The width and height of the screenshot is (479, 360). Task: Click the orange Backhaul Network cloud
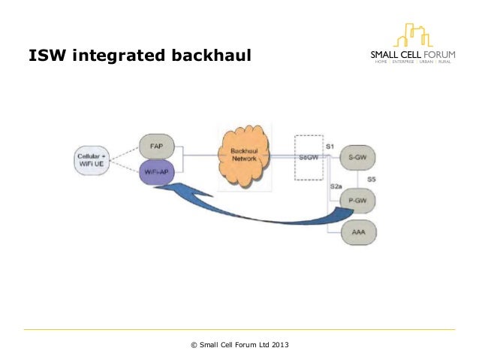click(x=244, y=155)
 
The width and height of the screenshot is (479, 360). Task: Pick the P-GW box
click(x=357, y=200)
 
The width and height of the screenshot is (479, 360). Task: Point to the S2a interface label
click(x=336, y=185)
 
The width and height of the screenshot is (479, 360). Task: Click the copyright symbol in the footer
click(x=194, y=345)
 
